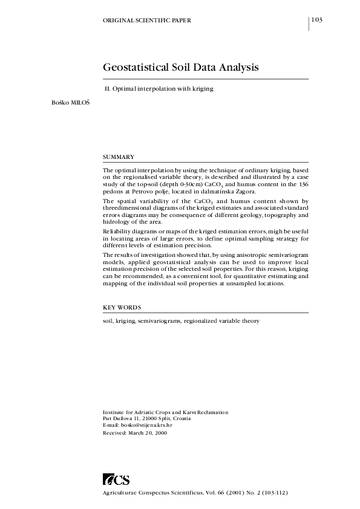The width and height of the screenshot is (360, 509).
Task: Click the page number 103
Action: pyautogui.click(x=317, y=20)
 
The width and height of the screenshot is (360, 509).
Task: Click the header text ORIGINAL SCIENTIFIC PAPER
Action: pyautogui.click(x=148, y=21)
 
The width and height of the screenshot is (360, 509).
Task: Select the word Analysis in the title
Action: pyautogui.click(x=238, y=67)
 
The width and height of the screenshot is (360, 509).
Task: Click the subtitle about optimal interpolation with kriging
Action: pyautogui.click(x=160, y=89)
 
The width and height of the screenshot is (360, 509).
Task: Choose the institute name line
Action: pyautogui.click(x=165, y=412)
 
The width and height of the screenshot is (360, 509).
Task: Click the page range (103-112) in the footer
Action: pyautogui.click(x=269, y=493)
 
